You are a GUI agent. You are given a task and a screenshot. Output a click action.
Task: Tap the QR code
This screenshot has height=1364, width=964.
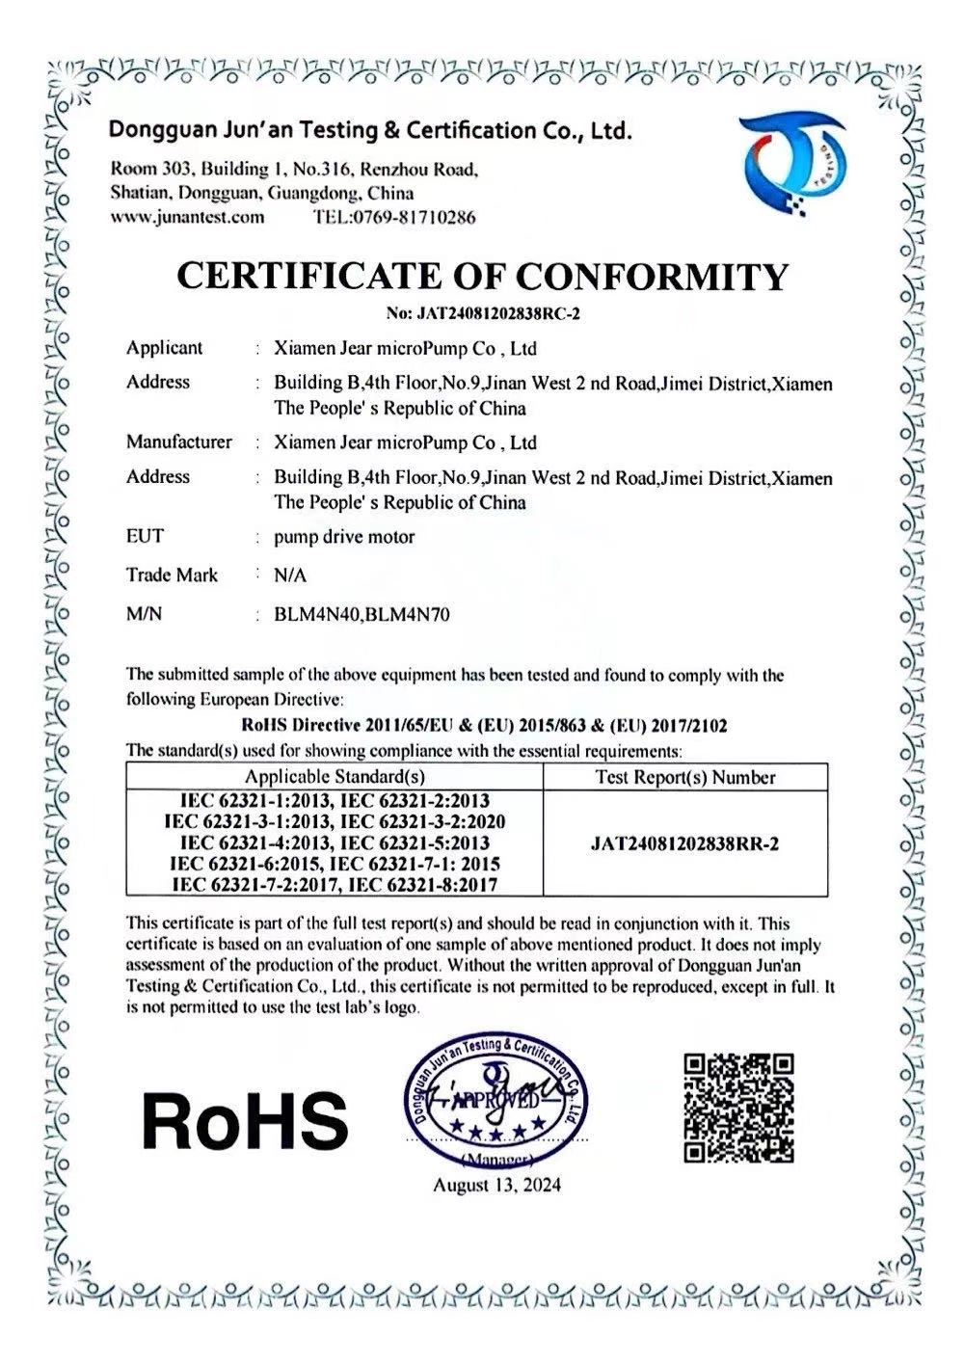coord(739,1108)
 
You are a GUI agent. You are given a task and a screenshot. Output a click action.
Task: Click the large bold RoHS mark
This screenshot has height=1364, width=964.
coord(245,1121)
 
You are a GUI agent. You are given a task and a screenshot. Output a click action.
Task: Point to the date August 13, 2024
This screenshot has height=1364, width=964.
coord(496,1185)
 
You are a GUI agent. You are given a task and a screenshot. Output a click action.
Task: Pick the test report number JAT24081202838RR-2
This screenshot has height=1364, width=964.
coord(684,843)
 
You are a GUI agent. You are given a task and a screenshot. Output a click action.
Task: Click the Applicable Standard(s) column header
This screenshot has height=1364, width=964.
coord(335,777)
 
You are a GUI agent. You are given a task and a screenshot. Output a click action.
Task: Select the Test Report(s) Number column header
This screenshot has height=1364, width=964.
coord(684,777)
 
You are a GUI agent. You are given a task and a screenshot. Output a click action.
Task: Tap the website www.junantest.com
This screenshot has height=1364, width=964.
coord(187,217)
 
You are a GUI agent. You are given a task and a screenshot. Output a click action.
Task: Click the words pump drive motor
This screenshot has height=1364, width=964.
coord(344,536)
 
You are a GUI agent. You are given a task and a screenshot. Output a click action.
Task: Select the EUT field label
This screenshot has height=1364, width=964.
coord(145,535)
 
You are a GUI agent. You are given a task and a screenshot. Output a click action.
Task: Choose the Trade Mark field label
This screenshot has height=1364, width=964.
coord(172,575)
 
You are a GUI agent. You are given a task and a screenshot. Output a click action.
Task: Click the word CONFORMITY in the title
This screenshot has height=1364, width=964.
coord(653,277)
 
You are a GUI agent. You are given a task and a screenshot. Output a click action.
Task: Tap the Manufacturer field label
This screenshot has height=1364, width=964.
coord(178,442)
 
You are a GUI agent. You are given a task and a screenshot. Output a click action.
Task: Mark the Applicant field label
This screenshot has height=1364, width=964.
coord(164,348)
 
